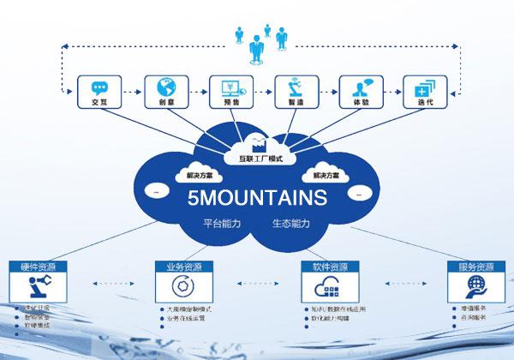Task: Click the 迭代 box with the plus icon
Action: point(423,92)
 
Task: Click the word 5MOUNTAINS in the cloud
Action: point(257,199)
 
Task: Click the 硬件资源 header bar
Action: point(38,267)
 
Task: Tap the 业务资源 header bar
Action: point(184,267)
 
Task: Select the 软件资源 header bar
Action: point(330,267)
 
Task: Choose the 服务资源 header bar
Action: point(475,267)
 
